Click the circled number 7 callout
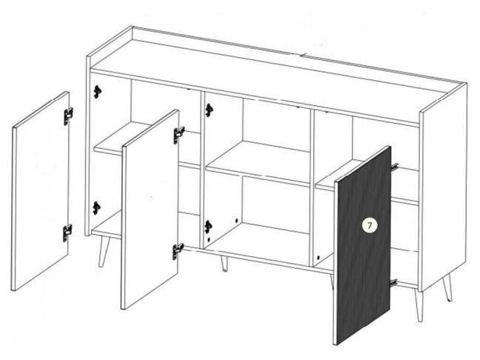[370, 226]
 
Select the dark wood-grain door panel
[362, 245]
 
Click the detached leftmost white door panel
[41, 190]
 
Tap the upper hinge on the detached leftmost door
[69, 116]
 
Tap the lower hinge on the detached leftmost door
[67, 233]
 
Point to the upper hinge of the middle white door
[179, 135]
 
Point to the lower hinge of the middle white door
[178, 251]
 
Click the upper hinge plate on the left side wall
[97, 92]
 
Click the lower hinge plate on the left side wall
[97, 208]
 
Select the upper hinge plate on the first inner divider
[210, 110]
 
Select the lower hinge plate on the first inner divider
[208, 227]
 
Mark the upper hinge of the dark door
[395, 166]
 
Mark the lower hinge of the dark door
[394, 281]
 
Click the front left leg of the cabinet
[104, 251]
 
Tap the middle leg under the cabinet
[224, 264]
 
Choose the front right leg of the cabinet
[419, 305]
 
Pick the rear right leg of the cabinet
[447, 287]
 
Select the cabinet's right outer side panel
[444, 187]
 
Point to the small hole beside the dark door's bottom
[319, 258]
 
